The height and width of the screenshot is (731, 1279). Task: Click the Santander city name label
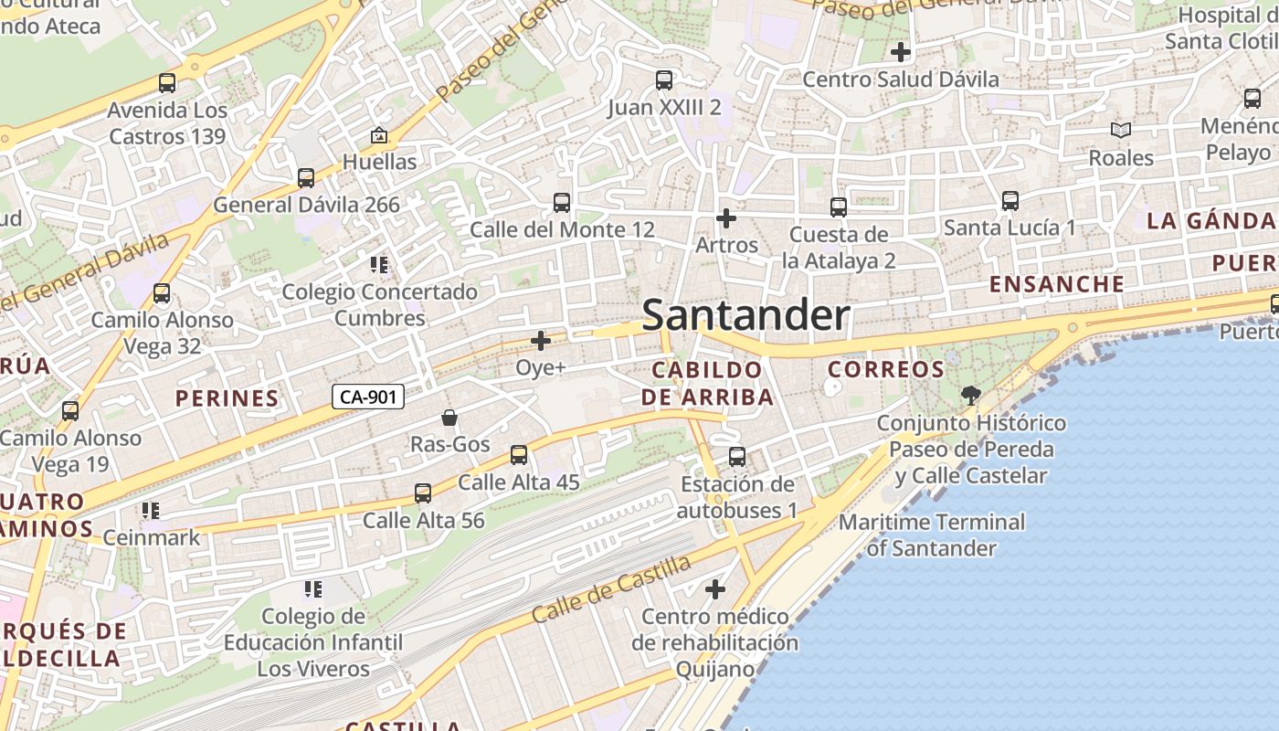pyautogui.click(x=745, y=316)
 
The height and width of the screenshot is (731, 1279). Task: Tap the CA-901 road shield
pyautogui.click(x=367, y=397)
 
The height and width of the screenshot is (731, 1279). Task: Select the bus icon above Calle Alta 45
pyautogui.click(x=519, y=454)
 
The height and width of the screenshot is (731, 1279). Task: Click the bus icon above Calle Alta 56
pyautogui.click(x=423, y=493)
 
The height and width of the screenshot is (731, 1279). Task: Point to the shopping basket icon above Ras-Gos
pyautogui.click(x=449, y=418)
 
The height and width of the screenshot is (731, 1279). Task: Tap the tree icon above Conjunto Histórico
pyautogui.click(x=970, y=396)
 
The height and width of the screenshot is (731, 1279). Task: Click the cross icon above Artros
pyautogui.click(x=726, y=218)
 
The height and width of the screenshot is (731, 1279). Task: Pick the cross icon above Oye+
pyautogui.click(x=541, y=341)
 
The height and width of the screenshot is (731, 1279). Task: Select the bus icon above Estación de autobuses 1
pyautogui.click(x=737, y=456)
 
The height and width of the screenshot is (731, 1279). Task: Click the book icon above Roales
pyautogui.click(x=1120, y=131)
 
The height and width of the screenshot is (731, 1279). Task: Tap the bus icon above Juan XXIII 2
pyautogui.click(x=664, y=80)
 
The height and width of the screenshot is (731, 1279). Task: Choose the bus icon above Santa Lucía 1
pyautogui.click(x=1009, y=201)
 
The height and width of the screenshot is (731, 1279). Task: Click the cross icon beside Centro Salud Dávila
pyautogui.click(x=901, y=52)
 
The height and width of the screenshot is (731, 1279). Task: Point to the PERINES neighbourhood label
pyautogui.click(x=227, y=398)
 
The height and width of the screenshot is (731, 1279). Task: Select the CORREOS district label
pyautogui.click(x=885, y=369)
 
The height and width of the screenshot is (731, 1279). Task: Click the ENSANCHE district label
pyautogui.click(x=1057, y=284)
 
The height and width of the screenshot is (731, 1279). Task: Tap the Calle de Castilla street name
pyautogui.click(x=610, y=588)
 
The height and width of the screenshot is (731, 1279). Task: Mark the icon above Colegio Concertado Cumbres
pyautogui.click(x=379, y=265)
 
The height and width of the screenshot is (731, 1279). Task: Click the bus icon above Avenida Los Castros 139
pyautogui.click(x=167, y=83)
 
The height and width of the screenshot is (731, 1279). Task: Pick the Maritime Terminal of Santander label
pyautogui.click(x=932, y=535)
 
